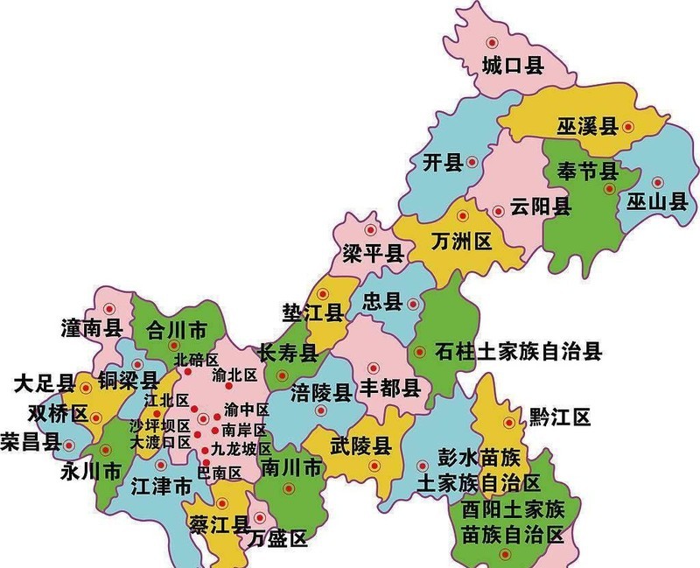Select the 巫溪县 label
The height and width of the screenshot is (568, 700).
587,127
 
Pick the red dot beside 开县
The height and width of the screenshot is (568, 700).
472,161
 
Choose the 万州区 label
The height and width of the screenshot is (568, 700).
463,240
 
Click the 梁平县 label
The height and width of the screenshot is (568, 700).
372,255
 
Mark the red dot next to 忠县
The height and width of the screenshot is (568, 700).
412,303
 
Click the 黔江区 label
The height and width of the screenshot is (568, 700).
560,417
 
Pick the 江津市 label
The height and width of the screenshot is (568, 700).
160,485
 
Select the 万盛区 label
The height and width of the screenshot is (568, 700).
277,539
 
